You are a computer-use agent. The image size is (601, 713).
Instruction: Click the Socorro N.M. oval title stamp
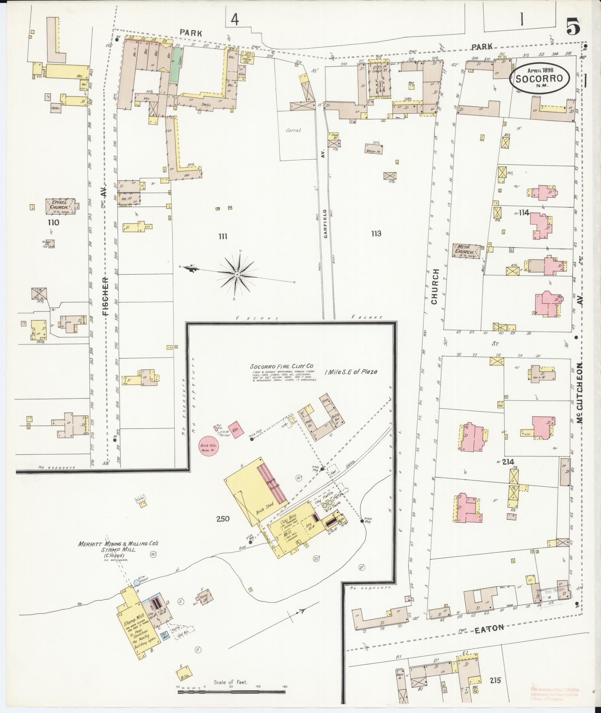[540, 78]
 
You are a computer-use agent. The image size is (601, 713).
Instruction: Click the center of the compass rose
[237, 275]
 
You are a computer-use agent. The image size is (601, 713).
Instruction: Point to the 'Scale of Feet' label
[230, 682]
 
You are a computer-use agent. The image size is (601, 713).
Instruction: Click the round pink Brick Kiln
[210, 446]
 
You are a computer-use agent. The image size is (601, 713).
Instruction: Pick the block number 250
[222, 518]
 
